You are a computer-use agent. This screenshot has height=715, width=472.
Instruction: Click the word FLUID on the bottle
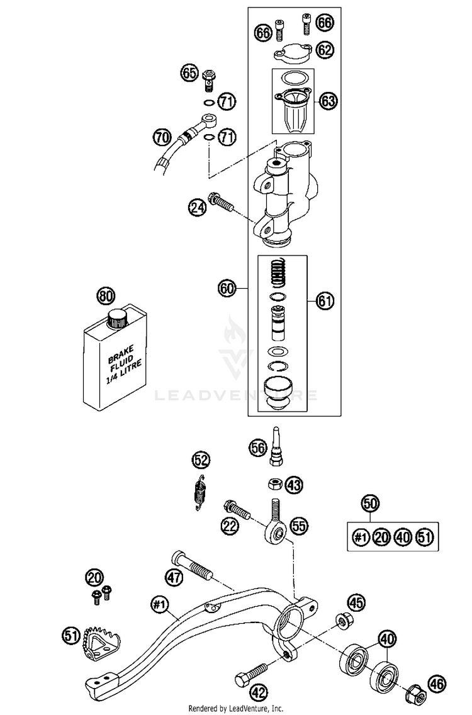[x=121, y=360]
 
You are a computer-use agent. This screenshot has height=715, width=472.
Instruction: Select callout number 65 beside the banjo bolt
[x=189, y=72]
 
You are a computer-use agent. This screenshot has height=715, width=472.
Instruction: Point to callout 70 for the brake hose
[x=162, y=137]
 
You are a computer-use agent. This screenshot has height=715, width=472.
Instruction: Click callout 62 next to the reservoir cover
[x=324, y=50]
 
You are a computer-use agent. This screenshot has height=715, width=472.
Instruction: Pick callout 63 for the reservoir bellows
[x=327, y=101]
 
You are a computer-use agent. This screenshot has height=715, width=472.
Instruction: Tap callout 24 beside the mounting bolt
[x=196, y=208]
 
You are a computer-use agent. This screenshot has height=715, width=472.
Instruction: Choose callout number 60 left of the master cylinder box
[x=227, y=288]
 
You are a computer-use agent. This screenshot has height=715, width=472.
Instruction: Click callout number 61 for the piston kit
[x=325, y=301]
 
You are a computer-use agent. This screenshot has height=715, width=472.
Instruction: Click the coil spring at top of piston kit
[x=279, y=273]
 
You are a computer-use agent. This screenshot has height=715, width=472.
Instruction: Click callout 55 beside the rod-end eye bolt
[x=299, y=526]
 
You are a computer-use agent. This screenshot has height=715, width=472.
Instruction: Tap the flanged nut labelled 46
[x=415, y=693]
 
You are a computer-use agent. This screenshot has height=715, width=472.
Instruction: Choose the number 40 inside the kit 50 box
[x=403, y=537]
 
